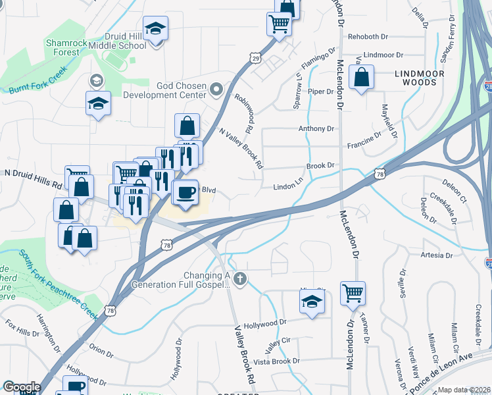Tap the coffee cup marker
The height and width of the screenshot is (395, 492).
click(x=185, y=192)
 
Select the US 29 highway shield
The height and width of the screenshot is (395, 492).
click(x=256, y=58)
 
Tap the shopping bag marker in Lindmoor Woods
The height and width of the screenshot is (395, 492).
click(x=362, y=78)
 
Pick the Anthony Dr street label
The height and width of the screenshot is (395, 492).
click(x=312, y=128)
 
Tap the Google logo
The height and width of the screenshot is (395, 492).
click(x=22, y=387)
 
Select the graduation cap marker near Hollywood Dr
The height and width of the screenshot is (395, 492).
click(x=312, y=303)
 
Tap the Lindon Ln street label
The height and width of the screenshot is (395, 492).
click(x=287, y=187)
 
